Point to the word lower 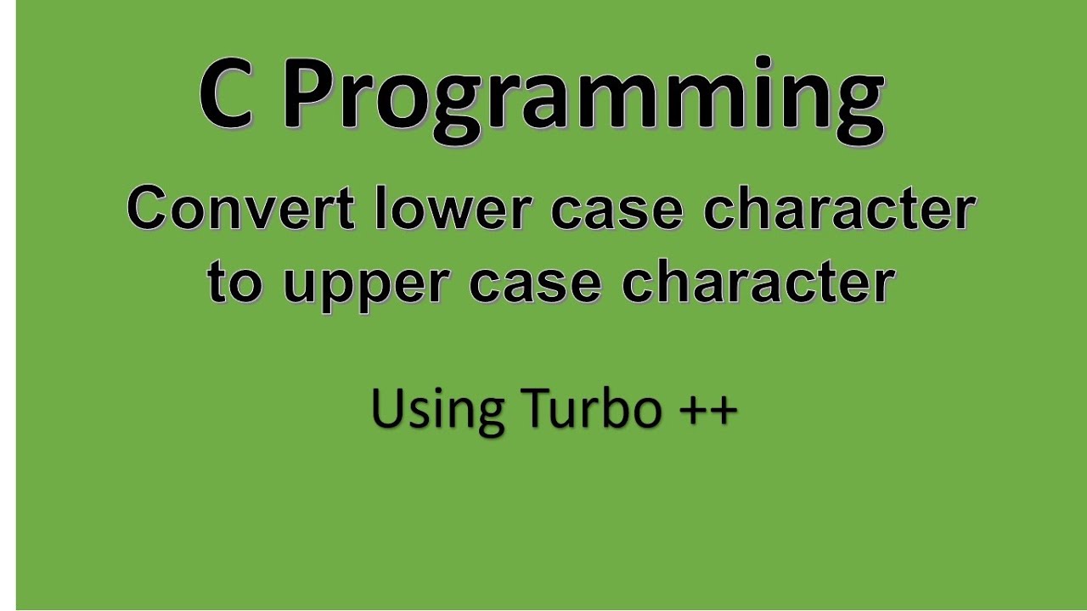coord(453,209)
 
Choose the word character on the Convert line coord(838,209)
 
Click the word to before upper coord(235,283)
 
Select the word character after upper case coord(758,282)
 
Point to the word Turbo coord(592,408)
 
